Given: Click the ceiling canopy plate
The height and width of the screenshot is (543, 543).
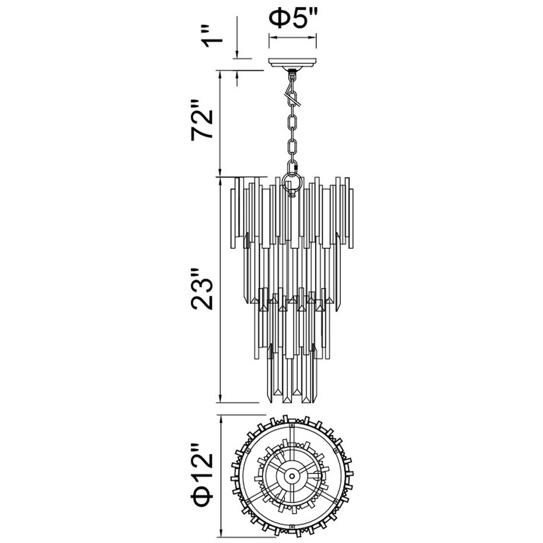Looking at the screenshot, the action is pos(293,63).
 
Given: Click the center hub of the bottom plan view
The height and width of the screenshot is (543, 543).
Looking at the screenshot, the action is pos(293,476).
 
